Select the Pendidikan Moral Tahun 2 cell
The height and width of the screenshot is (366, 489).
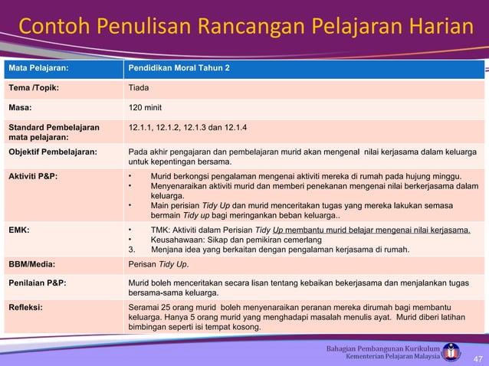point(178,68)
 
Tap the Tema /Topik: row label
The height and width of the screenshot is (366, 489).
point(34,87)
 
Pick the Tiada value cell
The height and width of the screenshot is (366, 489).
point(139,87)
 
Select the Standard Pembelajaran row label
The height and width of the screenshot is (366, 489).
point(53,127)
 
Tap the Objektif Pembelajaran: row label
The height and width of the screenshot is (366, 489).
point(53,152)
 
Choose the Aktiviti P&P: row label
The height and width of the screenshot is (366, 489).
point(33,176)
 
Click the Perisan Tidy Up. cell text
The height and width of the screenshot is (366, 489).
point(159,263)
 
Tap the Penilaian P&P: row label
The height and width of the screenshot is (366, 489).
point(38,283)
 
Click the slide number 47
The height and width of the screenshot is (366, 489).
point(478,359)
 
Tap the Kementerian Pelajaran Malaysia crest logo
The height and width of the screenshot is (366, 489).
point(452,351)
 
